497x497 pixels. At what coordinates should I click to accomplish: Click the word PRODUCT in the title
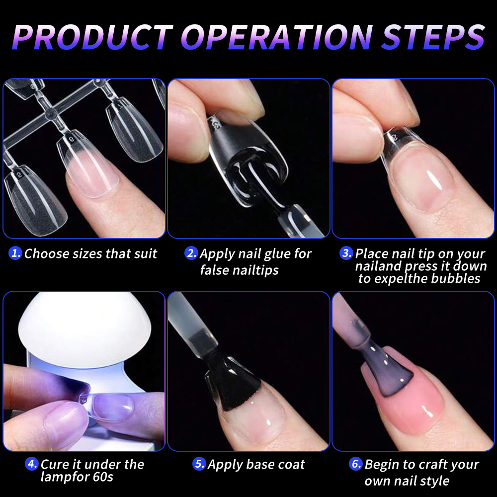coord(93,37)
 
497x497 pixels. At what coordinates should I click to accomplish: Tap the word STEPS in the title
coord(433,37)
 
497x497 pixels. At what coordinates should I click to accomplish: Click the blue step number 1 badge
coord(15,253)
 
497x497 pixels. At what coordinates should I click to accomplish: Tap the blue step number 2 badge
coord(191,253)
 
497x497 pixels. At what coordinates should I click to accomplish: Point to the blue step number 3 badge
coord(346,253)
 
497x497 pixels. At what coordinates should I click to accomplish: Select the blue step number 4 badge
coord(32,464)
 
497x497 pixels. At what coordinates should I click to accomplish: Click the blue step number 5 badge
coord(199,464)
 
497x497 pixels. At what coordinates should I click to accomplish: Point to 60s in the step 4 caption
coord(103,477)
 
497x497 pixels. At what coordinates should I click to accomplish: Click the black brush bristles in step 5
coord(232,387)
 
